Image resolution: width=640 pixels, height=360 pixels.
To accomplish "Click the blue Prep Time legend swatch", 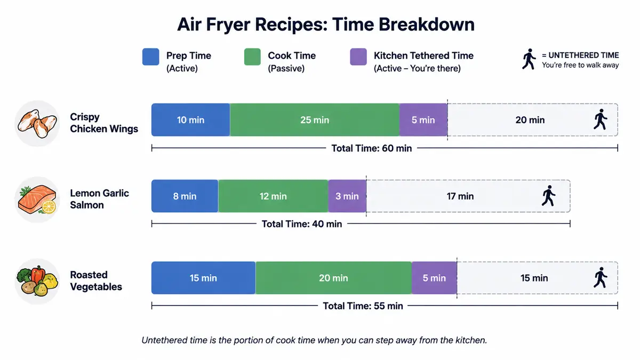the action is [150, 57].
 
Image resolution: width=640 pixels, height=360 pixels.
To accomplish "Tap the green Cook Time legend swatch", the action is [252, 57].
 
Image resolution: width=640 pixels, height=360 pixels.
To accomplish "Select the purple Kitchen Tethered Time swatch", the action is [358, 57].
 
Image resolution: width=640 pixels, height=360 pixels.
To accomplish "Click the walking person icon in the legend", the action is [529, 59].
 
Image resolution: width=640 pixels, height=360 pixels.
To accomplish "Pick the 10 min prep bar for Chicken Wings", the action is [190, 119].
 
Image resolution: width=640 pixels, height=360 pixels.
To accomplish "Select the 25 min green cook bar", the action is [315, 119].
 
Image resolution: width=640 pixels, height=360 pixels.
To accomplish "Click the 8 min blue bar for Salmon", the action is [185, 196].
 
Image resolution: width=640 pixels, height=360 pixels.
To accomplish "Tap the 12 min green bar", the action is [273, 196].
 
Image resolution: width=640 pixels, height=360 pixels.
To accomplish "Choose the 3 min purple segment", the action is [347, 196].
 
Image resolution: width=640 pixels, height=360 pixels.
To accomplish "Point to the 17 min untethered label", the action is [460, 196].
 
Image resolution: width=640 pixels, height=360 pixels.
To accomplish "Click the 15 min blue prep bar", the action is [203, 278].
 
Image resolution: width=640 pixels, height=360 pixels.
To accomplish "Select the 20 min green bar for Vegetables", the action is [333, 278].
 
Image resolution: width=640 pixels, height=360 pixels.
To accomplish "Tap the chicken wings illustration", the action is [37, 123].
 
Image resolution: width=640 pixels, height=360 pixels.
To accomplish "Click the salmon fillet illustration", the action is [37, 199].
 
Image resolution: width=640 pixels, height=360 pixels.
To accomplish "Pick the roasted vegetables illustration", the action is [37, 282].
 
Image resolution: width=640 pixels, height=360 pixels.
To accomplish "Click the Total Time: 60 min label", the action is [371, 148].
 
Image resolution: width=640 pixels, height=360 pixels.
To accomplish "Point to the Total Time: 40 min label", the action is [302, 224].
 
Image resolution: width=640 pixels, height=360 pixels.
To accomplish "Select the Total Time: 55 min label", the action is [363, 306].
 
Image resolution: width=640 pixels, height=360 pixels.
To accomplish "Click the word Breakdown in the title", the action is [427, 25].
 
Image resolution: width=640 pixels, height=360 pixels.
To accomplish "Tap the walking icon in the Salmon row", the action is [549, 196].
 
